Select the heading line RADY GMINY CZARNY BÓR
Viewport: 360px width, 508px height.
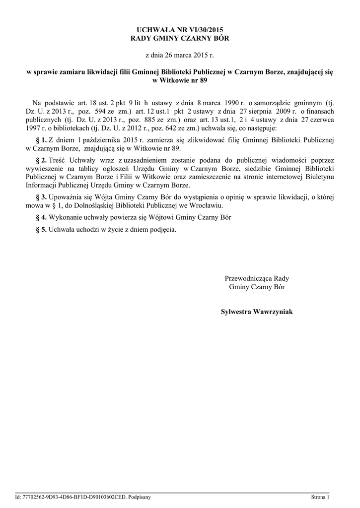(180, 38)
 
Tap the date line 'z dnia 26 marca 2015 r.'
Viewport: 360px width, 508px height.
(180, 55)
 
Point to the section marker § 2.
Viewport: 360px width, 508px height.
(42, 160)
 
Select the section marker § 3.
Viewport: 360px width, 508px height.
(42, 197)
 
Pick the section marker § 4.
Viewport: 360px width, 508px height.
(42, 217)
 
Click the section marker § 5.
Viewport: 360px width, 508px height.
(42, 229)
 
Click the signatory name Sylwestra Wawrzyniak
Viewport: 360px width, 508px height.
(257, 312)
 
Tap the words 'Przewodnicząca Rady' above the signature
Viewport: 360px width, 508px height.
(257, 278)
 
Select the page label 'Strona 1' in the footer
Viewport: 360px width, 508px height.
(320, 497)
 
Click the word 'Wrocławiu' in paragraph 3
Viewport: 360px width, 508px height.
(206, 205)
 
